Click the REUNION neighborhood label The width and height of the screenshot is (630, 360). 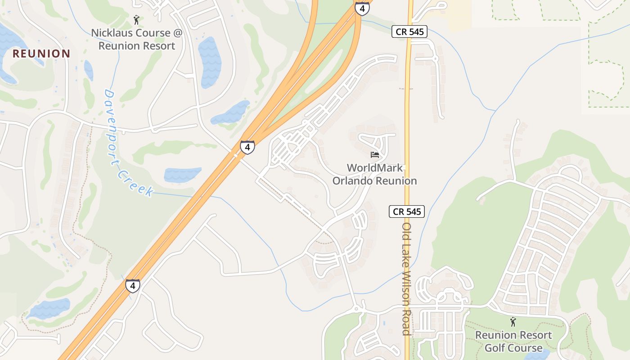(x=41, y=54)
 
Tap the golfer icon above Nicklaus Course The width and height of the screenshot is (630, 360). (x=137, y=20)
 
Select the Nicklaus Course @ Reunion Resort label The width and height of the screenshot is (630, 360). (x=137, y=39)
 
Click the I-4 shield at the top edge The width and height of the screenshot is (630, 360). (x=362, y=8)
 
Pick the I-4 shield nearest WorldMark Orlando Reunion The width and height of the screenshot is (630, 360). (x=247, y=147)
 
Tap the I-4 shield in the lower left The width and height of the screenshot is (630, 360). (x=132, y=286)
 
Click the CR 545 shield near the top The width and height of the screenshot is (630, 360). (x=409, y=31)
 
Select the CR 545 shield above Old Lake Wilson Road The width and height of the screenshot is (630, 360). (x=407, y=211)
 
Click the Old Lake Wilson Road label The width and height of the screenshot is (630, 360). (x=407, y=279)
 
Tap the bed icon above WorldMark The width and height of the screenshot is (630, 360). (x=374, y=155)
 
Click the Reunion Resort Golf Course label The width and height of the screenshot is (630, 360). (x=513, y=342)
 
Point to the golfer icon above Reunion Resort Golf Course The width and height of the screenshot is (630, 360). (x=513, y=322)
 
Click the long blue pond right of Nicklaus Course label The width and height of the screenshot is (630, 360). (x=210, y=62)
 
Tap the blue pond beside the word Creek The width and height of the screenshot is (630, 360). (x=182, y=174)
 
